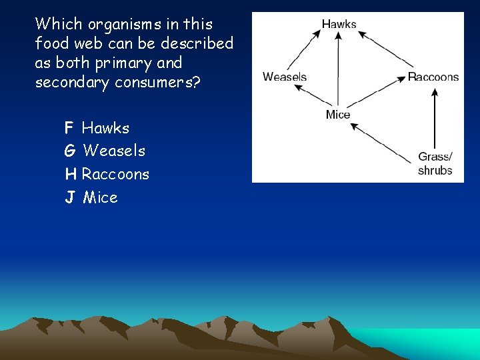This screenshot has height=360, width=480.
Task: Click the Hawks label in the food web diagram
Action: click(x=339, y=24)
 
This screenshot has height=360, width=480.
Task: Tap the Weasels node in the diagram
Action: click(x=285, y=77)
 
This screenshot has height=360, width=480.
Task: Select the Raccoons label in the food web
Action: click(x=433, y=77)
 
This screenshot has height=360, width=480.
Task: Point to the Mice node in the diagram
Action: click(x=338, y=115)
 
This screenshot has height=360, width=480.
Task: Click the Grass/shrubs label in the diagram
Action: click(x=435, y=163)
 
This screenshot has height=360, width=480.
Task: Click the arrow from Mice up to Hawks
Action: click(x=339, y=70)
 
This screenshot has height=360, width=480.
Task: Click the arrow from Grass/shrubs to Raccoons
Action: click(x=435, y=120)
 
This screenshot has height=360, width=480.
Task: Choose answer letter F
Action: click(x=69, y=128)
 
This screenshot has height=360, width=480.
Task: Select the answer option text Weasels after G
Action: click(x=114, y=151)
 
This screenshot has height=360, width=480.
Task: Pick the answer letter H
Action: click(x=70, y=175)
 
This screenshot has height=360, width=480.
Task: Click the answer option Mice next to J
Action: click(x=100, y=198)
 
